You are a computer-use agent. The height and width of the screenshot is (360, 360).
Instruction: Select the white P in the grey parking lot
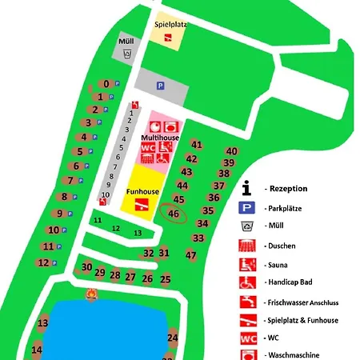click(x=160, y=86)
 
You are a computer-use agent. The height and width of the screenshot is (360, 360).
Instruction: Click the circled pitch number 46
click(x=174, y=214)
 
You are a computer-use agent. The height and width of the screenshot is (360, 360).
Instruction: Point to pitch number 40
click(x=232, y=151)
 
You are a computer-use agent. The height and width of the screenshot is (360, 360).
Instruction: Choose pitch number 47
click(x=191, y=255)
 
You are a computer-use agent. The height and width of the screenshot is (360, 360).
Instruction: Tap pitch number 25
click(x=166, y=279)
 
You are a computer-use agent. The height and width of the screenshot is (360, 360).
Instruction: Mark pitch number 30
click(x=87, y=267)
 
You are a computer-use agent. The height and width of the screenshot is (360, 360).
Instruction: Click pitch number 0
click(x=106, y=84)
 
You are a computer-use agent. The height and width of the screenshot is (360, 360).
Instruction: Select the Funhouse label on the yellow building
click(x=142, y=192)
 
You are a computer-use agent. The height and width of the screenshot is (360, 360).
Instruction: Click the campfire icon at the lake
click(x=93, y=298)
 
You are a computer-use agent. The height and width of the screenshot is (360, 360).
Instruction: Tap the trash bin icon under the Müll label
click(x=127, y=54)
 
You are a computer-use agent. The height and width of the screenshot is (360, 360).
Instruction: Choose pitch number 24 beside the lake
click(x=172, y=338)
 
